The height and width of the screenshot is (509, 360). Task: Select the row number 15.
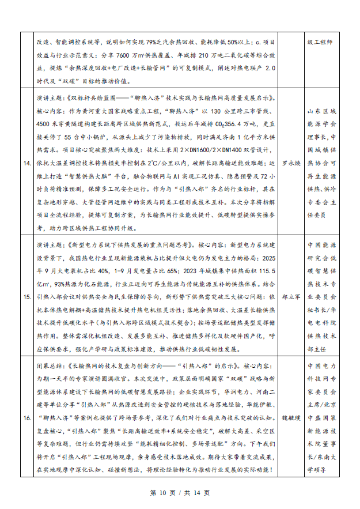pyautogui.click(x=26, y=297)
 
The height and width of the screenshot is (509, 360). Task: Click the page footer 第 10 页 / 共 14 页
pyautogui.click(x=180, y=493)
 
